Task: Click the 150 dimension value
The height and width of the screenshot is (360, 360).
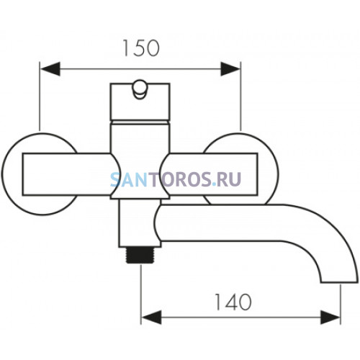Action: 141,48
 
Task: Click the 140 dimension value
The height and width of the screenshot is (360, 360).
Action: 233,302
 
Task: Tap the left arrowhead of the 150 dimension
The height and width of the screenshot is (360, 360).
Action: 50,69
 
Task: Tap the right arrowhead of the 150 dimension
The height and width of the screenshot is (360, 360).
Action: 230,69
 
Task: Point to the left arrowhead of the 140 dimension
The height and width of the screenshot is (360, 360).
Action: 151,318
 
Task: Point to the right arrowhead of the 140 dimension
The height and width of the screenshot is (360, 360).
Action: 330,318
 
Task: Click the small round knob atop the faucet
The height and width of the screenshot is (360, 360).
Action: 140,89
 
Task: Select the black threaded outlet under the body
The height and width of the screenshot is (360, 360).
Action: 141,256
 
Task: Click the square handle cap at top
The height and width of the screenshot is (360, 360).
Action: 140,102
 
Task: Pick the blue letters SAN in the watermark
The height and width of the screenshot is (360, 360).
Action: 129,179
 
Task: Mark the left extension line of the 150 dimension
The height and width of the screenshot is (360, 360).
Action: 40,96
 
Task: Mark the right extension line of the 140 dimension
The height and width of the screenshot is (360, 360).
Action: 341,304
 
